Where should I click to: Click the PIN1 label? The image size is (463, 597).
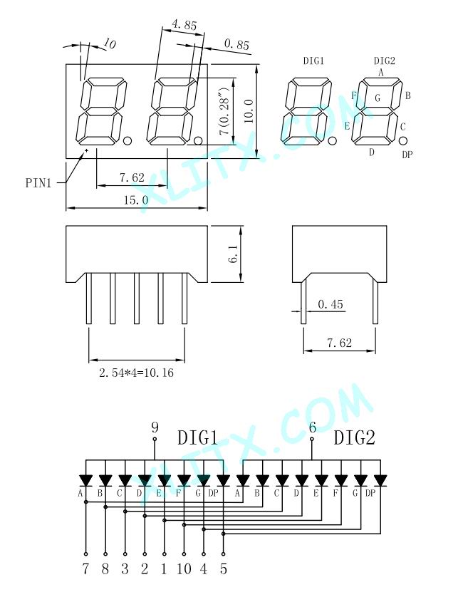38,183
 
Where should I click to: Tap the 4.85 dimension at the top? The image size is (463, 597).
184,25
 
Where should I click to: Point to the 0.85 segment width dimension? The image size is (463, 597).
236,44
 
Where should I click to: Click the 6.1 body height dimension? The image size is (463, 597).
234,254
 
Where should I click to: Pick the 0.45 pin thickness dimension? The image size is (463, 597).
330,304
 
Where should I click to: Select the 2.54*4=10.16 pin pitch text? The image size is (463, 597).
136,373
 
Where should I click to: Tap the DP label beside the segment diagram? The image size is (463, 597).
407,155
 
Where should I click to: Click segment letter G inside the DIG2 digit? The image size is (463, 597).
378,98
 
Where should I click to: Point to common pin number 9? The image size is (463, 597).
155,427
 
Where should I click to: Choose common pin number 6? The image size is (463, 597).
312,427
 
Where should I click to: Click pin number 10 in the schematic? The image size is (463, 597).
184,569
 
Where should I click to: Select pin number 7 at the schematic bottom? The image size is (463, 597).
85,569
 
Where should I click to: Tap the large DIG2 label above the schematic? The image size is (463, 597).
355,437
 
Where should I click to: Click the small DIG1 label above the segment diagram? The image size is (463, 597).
313,61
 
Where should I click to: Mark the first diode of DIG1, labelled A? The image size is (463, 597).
85,480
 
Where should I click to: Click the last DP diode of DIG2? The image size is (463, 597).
380,480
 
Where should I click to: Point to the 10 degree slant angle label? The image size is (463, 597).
109,44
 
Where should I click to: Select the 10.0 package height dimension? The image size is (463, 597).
249,111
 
